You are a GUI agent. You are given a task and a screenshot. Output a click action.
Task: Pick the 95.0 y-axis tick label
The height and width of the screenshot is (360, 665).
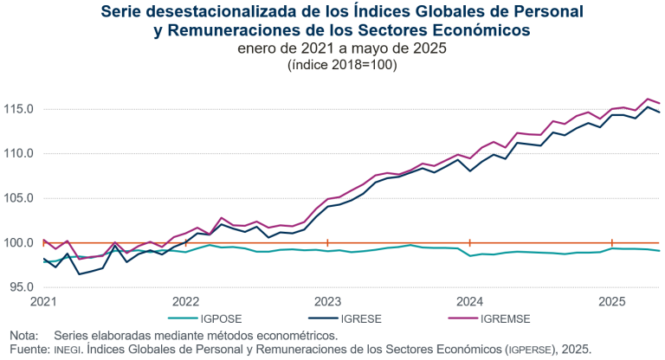19,286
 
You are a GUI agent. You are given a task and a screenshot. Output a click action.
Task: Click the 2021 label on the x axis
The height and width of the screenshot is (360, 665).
43,302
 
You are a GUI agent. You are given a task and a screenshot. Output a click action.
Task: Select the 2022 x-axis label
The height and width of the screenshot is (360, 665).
185,302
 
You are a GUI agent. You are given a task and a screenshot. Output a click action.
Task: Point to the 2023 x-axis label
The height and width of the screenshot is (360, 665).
327,302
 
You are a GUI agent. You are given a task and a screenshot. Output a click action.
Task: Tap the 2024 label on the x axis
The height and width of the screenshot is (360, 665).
469,302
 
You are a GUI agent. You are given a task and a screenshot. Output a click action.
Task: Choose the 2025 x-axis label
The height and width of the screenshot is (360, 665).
612,302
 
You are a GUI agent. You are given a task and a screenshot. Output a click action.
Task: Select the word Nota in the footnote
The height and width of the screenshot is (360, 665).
23,335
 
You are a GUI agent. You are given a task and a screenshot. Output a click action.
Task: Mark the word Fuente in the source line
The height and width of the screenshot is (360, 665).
27,348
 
